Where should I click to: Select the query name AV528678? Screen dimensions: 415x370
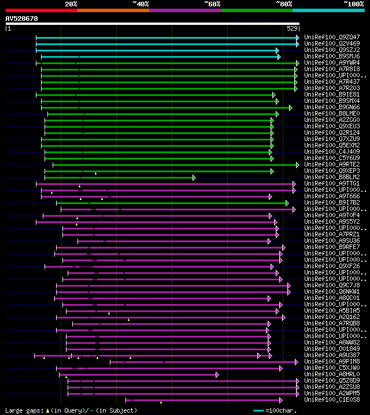point(21,18)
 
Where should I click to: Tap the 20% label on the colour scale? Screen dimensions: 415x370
point(71,4)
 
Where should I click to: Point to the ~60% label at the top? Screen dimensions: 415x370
point(212,4)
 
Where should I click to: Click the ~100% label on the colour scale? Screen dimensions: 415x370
point(353,4)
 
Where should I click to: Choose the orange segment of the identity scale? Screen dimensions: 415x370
point(113,10)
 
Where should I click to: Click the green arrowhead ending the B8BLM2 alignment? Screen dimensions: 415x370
point(194,177)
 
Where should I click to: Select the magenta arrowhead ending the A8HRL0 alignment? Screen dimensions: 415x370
point(217,375)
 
